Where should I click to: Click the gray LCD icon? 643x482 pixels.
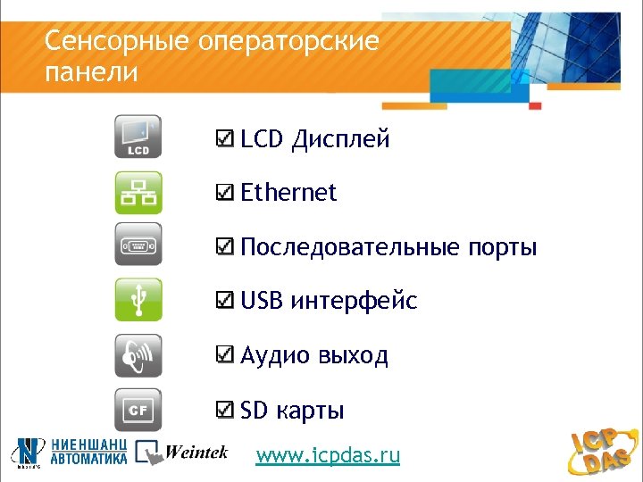(x=138, y=138)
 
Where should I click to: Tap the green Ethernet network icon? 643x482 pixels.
(x=138, y=193)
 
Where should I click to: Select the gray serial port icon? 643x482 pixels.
(x=138, y=245)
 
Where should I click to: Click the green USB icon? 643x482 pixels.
(x=138, y=300)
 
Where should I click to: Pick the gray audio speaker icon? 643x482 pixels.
(x=138, y=355)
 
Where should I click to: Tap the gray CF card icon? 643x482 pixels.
(x=138, y=410)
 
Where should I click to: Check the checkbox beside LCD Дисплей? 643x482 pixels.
(x=227, y=139)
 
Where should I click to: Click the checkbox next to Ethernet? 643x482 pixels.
(x=227, y=193)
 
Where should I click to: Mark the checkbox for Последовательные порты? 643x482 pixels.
(x=227, y=247)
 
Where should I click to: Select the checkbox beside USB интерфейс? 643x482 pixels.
(x=227, y=302)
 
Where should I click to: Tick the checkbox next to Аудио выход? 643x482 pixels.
(x=227, y=356)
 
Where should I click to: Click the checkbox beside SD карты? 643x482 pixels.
(x=227, y=411)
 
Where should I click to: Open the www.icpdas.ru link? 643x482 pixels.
(x=328, y=456)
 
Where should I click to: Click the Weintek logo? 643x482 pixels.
(x=182, y=453)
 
